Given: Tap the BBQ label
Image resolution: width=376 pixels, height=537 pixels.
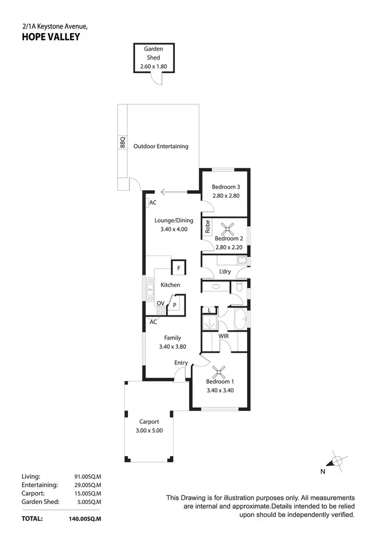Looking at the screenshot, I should pyautogui.click(x=122, y=143).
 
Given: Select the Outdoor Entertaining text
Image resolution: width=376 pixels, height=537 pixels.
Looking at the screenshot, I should pyautogui.click(x=161, y=147).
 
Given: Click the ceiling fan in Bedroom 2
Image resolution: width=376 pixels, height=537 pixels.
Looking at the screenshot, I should pyautogui.click(x=228, y=229).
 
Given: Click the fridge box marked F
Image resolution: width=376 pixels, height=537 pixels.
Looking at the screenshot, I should pyautogui.click(x=178, y=268).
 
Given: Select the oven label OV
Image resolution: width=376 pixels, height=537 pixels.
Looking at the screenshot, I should pyautogui.click(x=160, y=304).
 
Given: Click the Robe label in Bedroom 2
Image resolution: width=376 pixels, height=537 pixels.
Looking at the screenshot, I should pyautogui.click(x=207, y=227).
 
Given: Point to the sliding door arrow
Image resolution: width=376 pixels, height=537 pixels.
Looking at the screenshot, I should pyautogui.click(x=173, y=191).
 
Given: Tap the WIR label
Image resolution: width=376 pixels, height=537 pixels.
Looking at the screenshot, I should pyautogui.click(x=224, y=336).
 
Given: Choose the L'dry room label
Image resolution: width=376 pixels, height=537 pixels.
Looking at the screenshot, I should pyautogui.click(x=225, y=272).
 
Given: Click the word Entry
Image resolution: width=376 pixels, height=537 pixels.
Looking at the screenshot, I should pyautogui.click(x=181, y=363).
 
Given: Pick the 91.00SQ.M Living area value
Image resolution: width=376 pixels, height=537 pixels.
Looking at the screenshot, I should pyautogui.click(x=88, y=476).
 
